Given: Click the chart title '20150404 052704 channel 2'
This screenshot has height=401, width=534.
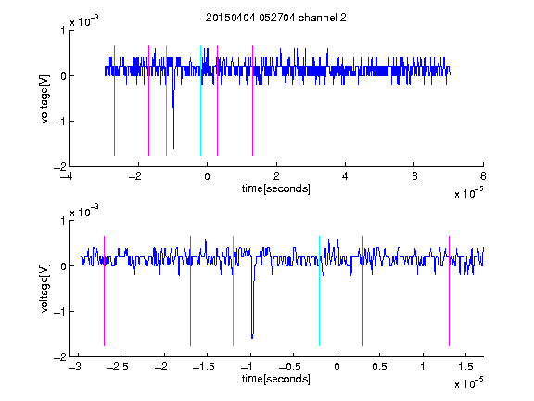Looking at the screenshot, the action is [276, 18].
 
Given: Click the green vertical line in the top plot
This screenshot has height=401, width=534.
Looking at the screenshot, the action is [166, 100].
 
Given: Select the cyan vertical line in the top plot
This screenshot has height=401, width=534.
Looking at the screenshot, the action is [200, 100].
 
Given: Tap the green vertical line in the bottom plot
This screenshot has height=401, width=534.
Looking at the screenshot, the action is [233, 291].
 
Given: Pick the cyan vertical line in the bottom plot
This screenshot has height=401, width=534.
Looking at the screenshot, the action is [319, 291].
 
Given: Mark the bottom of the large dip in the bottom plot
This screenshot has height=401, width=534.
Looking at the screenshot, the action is [252, 338].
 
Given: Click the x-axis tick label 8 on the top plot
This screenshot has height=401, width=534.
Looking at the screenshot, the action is [483, 176].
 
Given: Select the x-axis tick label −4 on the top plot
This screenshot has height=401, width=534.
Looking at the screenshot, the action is [67, 176].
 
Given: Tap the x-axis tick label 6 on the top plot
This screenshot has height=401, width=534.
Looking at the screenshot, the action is [414, 176].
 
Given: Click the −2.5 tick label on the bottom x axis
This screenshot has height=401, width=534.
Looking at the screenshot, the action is [117, 367].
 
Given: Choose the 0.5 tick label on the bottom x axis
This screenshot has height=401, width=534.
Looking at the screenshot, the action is [379, 367].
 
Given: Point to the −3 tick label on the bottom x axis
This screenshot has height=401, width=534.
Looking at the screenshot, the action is [75, 367].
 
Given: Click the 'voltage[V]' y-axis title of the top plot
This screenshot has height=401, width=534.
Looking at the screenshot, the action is [44, 99].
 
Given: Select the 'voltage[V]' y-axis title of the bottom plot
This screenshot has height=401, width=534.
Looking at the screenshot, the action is [44, 289].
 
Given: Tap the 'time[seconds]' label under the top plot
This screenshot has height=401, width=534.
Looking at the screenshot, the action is [276, 188].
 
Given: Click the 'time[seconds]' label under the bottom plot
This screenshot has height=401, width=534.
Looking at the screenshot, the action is [276, 379].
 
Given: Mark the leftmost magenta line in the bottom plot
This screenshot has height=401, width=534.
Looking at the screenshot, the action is [104, 291].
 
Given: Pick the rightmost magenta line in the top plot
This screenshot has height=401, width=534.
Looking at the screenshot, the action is [252, 100].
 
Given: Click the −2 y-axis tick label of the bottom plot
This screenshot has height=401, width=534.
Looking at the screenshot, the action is [60, 357].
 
